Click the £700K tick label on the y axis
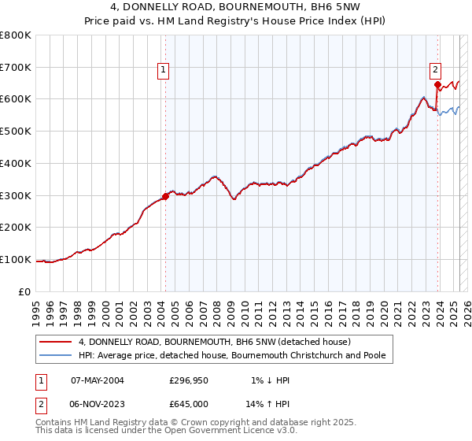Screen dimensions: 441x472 (17, 67)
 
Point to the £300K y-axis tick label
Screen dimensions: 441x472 (17, 195)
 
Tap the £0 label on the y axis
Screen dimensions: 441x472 (26, 291)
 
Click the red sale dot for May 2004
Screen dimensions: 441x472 (166, 196)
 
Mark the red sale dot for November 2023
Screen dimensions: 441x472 (437, 84)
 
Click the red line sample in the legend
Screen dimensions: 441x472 (55, 342)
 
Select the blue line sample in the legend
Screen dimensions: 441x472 (55, 355)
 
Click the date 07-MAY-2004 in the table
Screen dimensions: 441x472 (98, 380)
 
